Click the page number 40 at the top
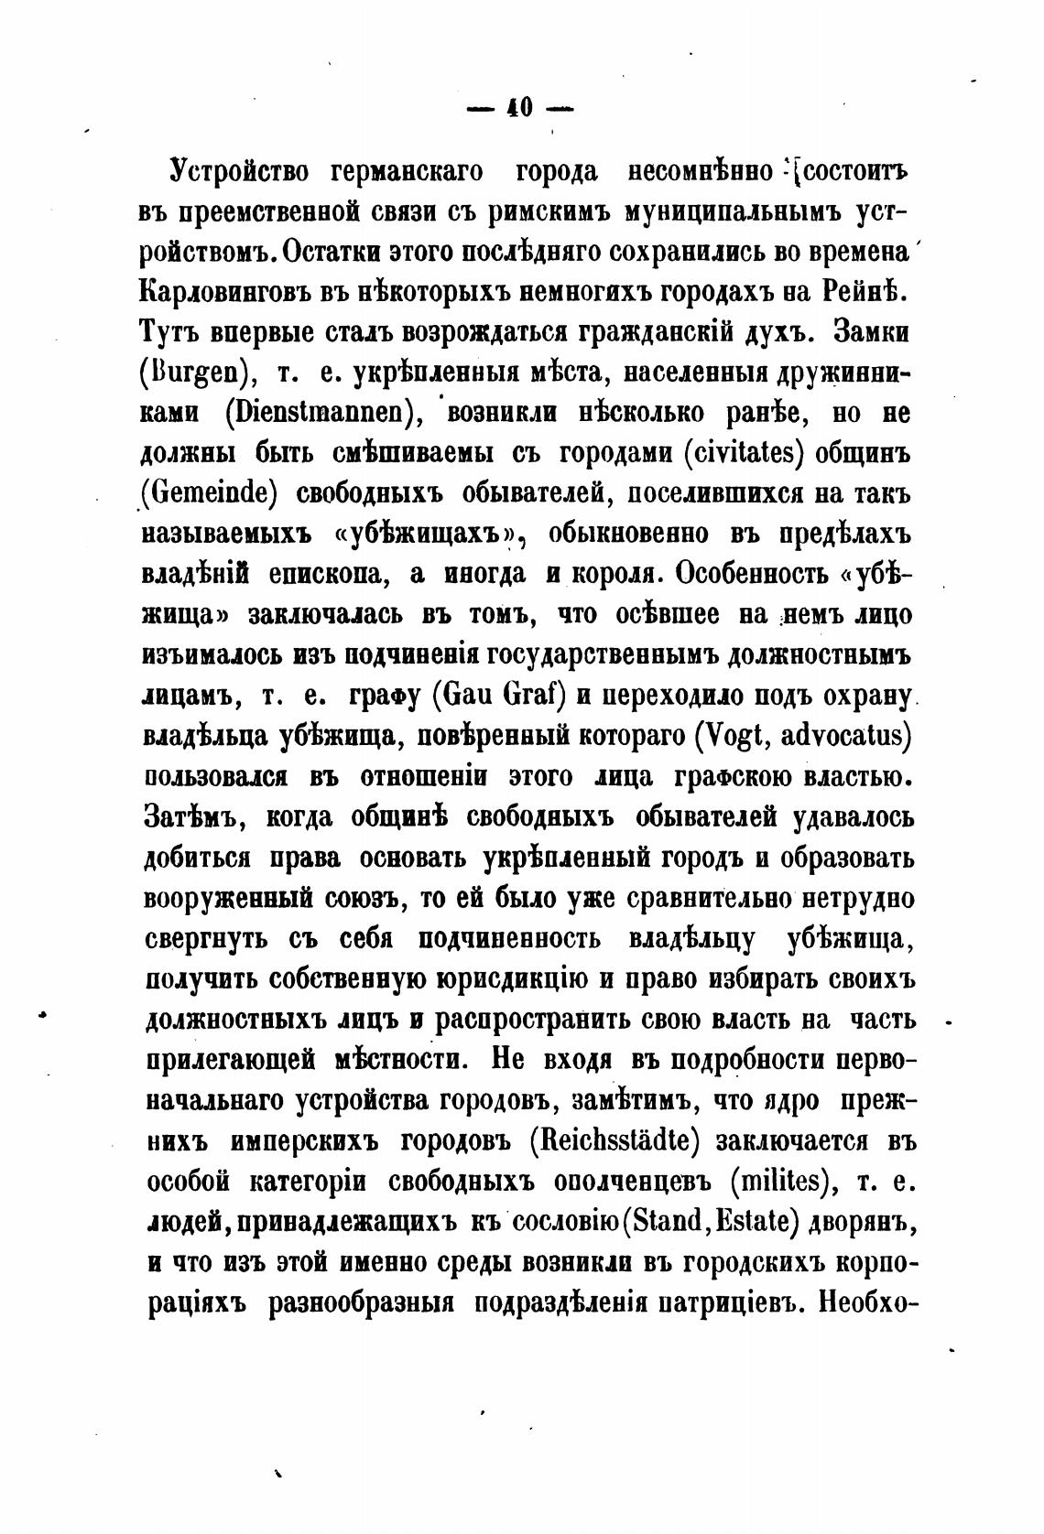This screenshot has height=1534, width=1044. (518, 109)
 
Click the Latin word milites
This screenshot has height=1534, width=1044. (782, 1181)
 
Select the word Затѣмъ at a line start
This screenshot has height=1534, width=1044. (194, 816)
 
